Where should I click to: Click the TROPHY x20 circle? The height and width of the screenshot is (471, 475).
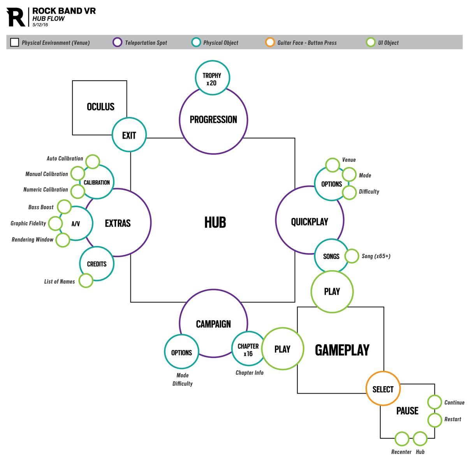click(212, 78)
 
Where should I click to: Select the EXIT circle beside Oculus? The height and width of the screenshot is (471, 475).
click(129, 135)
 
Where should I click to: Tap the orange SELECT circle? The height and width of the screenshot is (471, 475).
click(383, 389)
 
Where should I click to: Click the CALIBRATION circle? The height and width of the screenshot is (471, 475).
click(97, 182)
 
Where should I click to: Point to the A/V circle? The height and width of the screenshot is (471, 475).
click(76, 223)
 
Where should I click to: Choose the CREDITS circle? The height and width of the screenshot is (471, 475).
click(97, 264)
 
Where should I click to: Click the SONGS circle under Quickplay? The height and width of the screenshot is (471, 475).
click(331, 256)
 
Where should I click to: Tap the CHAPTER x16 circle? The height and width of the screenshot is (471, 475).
click(248, 349)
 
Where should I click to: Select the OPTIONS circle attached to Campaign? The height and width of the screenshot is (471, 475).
click(181, 352)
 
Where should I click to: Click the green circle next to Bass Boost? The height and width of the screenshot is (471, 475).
click(64, 207)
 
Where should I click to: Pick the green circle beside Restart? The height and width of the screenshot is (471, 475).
click(435, 420)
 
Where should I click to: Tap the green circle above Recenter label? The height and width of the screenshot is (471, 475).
click(402, 439)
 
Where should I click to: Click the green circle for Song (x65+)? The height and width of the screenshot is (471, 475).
click(352, 256)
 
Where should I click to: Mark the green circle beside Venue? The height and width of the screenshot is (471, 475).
click(332, 165)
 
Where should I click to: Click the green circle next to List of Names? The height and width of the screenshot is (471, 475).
click(86, 280)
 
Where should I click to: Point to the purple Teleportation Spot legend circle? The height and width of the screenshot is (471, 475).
click(117, 42)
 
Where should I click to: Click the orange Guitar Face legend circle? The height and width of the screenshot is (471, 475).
click(270, 42)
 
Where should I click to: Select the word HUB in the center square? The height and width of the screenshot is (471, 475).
click(215, 222)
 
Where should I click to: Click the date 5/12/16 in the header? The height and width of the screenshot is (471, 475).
click(40, 25)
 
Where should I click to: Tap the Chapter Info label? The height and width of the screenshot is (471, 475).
click(250, 373)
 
